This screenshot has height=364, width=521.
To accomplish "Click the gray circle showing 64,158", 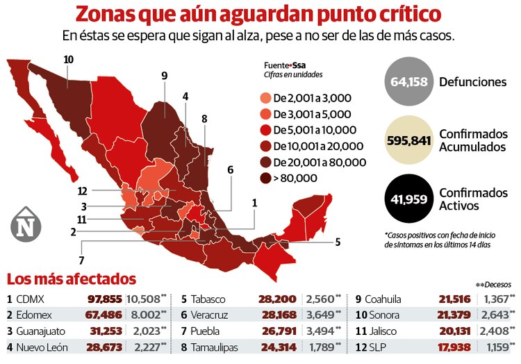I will click(x=408, y=82).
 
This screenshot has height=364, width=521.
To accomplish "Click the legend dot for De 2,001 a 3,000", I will click(x=265, y=98).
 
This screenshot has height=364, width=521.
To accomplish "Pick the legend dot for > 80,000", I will click(x=265, y=178).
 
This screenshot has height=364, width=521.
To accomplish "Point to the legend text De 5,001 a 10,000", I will click(x=315, y=130).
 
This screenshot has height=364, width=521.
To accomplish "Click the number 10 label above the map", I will click(x=68, y=59).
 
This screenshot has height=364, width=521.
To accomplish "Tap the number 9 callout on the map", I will click(x=164, y=76).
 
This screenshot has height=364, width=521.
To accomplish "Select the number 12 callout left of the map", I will click(x=82, y=190).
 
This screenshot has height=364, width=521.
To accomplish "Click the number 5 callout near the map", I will click(x=338, y=242).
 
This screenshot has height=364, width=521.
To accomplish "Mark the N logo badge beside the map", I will click(x=26, y=224).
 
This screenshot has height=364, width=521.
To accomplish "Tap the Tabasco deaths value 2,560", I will click(x=320, y=299).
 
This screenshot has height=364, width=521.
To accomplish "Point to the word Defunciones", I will click(x=472, y=82).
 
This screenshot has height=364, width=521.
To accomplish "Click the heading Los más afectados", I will click(x=71, y=279).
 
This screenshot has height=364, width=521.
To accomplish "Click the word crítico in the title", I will click(x=408, y=14).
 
